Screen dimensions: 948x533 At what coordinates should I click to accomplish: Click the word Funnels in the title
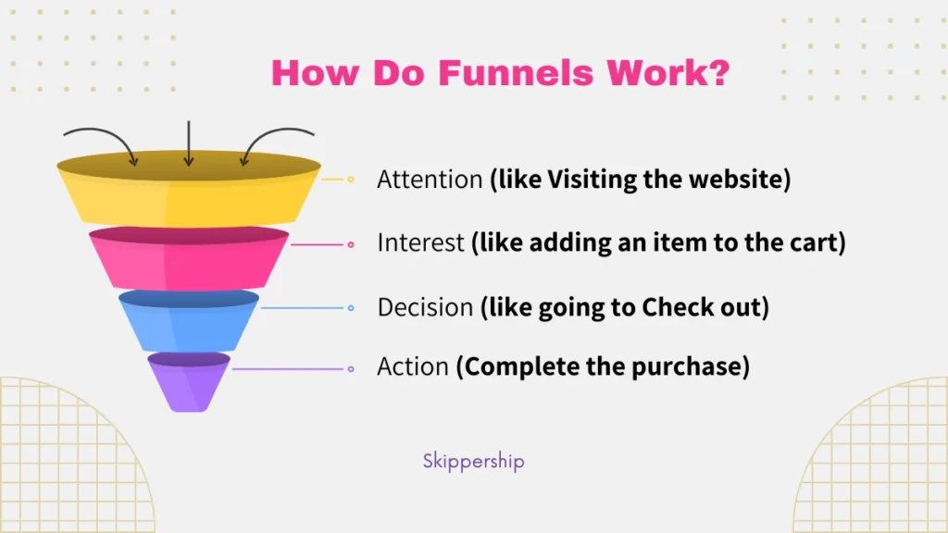tap(516, 73)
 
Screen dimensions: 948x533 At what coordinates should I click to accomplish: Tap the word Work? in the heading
tap(668, 73)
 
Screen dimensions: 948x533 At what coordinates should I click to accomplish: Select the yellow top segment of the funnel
tap(189, 189)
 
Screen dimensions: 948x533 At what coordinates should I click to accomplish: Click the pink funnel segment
tap(189, 258)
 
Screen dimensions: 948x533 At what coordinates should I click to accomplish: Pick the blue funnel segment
tap(189, 321)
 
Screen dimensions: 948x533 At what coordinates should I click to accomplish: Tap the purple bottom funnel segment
tap(189, 382)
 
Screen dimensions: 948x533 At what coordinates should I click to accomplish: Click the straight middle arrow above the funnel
tap(189, 143)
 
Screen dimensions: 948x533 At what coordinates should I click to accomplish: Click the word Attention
tap(430, 180)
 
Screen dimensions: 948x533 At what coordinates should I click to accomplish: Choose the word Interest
tap(421, 243)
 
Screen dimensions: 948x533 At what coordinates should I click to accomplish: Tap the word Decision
tap(425, 307)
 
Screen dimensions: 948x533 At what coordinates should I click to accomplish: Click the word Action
tap(413, 366)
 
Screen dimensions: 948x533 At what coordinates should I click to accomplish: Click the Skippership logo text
tap(473, 461)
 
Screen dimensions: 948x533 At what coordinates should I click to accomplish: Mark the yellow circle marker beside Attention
tap(351, 180)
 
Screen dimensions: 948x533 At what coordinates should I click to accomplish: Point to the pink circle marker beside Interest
tap(351, 244)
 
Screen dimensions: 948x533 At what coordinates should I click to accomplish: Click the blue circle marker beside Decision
tap(351, 308)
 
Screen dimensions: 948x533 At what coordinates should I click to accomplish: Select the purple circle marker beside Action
tap(351, 369)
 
